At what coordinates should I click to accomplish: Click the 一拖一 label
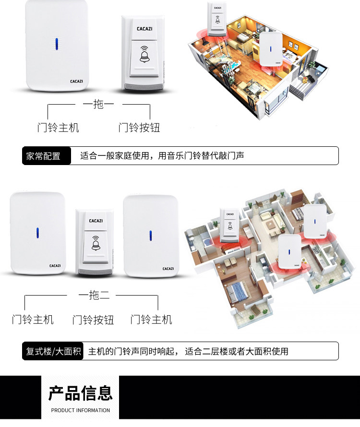[98, 104]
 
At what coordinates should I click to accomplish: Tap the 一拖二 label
[94, 295]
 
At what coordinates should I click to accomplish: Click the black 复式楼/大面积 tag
[53, 351]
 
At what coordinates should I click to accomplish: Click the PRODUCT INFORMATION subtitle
[81, 410]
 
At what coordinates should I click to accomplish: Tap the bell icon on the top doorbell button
[144, 55]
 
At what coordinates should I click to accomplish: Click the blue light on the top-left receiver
[57, 44]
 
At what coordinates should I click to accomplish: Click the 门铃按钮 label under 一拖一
[139, 128]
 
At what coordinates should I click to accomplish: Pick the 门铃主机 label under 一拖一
[58, 128]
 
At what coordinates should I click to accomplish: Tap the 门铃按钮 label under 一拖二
[93, 320]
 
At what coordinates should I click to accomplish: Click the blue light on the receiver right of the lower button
[150, 236]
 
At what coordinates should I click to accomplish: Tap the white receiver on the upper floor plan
[271, 49]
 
